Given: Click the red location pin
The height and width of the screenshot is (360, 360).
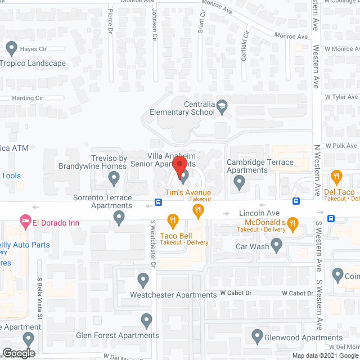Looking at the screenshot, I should tap(179, 168).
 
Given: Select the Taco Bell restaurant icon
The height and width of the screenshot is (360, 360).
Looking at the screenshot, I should tap(173, 219).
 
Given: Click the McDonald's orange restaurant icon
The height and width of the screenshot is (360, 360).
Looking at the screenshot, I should tap(292, 224).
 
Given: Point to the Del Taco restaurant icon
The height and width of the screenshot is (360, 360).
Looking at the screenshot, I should tap(337, 176).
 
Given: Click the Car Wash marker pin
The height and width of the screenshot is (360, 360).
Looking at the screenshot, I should tap(276, 244).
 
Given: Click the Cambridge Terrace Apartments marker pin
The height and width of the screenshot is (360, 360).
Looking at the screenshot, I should tap(239, 181).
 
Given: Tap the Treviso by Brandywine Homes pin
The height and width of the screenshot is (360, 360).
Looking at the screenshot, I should tap(114, 179).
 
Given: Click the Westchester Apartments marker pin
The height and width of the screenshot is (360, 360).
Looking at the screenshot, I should tap(143, 280).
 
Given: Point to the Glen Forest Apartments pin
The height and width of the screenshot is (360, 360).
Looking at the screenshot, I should tap(147, 321).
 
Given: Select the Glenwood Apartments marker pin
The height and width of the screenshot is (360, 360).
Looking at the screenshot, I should tap(256, 337).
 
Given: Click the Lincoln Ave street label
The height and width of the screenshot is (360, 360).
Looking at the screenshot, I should tap(259, 214).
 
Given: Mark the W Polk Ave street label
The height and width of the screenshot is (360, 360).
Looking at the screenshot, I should tap(336, 146).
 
